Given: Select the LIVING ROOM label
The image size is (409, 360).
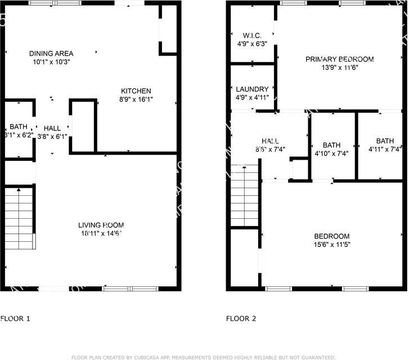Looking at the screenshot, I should (x=101, y=226).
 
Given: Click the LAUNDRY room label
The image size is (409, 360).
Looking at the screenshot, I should (x=252, y=89).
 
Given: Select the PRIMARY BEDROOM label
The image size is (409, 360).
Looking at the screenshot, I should (x=339, y=59).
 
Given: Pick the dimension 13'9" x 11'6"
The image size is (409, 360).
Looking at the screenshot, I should (x=339, y=67).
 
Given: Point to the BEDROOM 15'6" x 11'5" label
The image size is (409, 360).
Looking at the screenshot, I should (x=332, y=236).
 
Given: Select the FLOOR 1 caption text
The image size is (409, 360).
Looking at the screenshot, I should (x=15, y=319).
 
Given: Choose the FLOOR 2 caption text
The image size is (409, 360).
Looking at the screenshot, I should (x=241, y=319).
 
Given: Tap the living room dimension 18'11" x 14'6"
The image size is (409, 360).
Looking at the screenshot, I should (x=101, y=233).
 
